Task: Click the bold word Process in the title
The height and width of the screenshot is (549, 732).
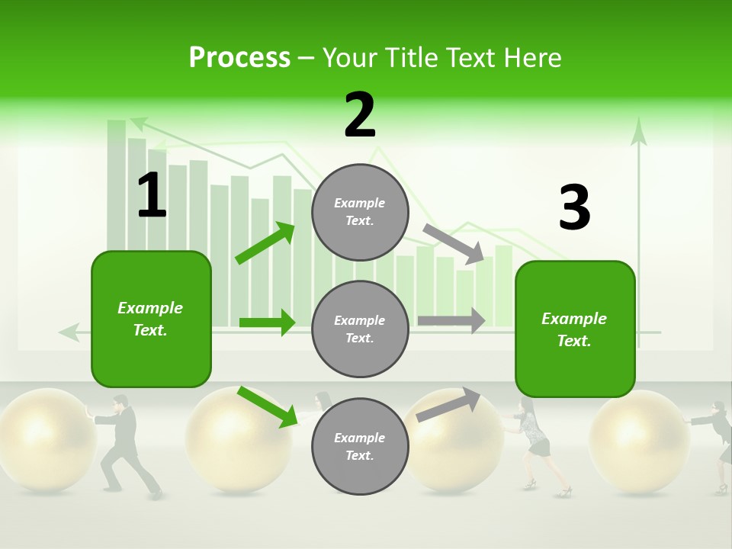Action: [x=239, y=58]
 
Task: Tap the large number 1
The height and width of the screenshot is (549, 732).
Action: [x=152, y=195]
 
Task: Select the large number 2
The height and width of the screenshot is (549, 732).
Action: [x=360, y=115]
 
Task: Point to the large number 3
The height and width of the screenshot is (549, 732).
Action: [x=574, y=207]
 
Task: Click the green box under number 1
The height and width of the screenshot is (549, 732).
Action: [x=151, y=319]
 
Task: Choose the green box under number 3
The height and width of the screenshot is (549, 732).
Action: [x=575, y=329]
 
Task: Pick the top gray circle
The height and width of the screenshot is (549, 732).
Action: [x=360, y=212]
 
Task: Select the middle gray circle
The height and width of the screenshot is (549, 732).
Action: [x=360, y=329]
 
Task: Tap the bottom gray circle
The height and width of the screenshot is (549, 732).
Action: [x=360, y=446]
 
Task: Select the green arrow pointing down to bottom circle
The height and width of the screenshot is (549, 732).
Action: [x=267, y=406]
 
